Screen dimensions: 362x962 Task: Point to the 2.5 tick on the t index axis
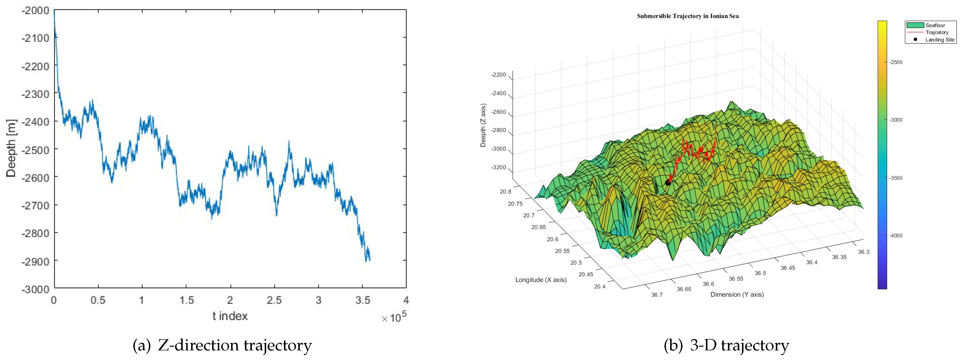(274, 300)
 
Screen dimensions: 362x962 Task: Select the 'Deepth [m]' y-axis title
(11, 148)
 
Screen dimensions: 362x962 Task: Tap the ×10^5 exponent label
(394, 317)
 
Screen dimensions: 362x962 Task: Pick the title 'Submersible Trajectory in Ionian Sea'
(687, 16)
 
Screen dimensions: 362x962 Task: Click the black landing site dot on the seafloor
(668, 182)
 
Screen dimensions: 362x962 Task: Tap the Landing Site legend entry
(939, 40)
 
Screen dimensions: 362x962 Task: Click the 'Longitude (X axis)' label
(541, 280)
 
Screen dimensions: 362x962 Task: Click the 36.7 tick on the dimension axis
(657, 295)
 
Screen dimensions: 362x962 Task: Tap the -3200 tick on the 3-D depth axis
(499, 167)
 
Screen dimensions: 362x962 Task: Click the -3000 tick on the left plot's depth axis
(36, 289)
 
